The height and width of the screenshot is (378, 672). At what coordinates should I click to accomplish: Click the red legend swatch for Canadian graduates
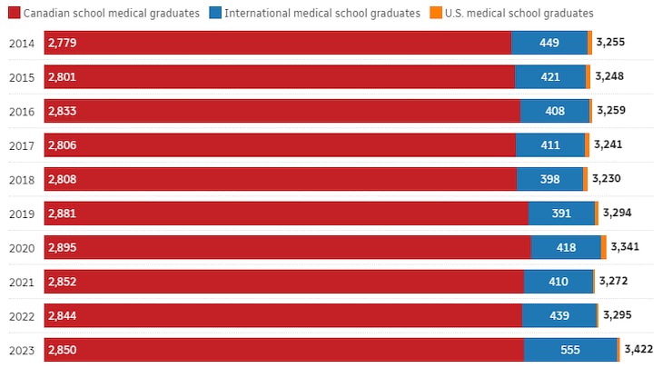(x=15, y=13)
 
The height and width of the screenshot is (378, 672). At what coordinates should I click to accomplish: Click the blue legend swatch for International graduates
(x=213, y=13)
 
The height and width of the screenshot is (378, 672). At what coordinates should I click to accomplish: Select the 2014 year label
(x=21, y=43)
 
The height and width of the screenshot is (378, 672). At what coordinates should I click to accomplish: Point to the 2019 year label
(x=21, y=214)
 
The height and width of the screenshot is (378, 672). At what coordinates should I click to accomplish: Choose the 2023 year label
(x=21, y=350)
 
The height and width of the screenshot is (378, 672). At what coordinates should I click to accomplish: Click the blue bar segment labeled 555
(x=570, y=350)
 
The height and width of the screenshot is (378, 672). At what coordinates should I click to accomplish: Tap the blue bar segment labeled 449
(x=549, y=43)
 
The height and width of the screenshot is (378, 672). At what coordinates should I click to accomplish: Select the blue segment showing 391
(x=561, y=214)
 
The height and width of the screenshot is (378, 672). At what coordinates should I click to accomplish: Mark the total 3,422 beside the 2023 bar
(x=640, y=349)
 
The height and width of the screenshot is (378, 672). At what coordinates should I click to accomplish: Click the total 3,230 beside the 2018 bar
(x=607, y=178)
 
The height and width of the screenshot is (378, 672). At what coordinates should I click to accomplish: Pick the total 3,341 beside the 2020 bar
(x=626, y=246)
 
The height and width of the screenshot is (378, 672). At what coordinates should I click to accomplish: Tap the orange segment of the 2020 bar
(x=604, y=247)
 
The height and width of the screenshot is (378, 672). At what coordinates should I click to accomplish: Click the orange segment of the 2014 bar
(x=590, y=43)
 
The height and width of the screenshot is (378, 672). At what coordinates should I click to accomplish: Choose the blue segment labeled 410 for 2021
(x=558, y=282)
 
